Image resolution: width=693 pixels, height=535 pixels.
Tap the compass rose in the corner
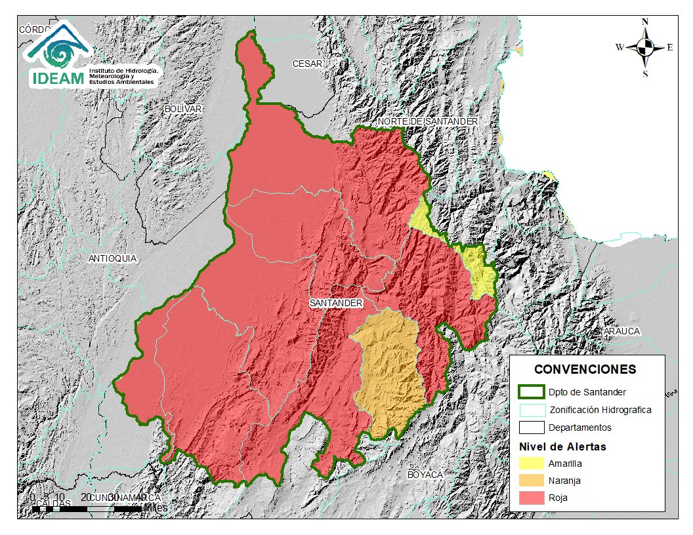645,47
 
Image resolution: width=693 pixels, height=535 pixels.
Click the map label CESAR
307,64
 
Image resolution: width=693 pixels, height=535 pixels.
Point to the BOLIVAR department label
183,108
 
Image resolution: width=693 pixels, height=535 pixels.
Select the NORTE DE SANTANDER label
427,122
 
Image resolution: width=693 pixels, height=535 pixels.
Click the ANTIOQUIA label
113,259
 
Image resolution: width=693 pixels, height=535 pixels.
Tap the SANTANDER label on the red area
336,304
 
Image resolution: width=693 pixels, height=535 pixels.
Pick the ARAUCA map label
621,331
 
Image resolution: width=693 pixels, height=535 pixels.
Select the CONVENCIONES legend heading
585,369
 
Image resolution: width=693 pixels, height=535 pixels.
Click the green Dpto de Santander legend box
531,392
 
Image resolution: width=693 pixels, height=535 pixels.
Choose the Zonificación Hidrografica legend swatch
531,410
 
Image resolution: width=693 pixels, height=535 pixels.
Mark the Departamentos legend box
531,427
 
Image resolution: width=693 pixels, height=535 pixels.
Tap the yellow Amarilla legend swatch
531,463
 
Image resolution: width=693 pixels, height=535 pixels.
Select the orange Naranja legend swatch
531,481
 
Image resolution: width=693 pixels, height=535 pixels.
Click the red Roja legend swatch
531,498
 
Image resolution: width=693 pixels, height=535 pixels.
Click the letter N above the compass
645,22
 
